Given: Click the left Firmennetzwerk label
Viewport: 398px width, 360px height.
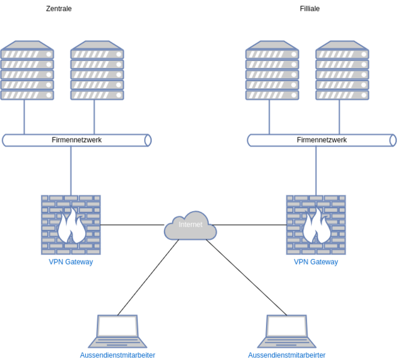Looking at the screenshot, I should coord(77,140).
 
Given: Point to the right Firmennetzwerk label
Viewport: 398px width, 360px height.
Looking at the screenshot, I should coord(322,140).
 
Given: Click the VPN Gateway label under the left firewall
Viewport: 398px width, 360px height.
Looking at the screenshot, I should coord(71,262).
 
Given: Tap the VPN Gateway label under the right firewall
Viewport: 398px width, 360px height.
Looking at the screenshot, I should coord(316,262).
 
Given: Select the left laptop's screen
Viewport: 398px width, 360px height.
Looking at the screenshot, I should coord(118,326).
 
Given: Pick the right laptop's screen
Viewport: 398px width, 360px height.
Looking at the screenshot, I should coord(286,326).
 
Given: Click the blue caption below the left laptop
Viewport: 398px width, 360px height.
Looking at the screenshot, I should coord(118,355).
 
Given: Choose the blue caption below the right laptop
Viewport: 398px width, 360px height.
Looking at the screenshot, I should coord(286,355).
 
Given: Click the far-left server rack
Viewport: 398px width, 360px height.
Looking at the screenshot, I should coord(28,70).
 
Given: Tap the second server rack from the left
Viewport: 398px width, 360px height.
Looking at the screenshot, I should coord(97,70).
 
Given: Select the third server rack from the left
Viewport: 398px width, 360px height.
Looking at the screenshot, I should coord(272,70).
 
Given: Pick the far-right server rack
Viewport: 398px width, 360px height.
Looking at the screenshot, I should coord(342,70).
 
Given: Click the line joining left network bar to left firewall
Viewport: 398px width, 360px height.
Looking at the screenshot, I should coord(71,170).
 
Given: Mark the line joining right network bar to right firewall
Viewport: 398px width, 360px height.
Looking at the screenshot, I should coord(316,170).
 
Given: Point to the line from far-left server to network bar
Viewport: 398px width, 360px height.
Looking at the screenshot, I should coord(24,116).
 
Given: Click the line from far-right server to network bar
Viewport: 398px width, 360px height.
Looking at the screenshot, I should coord(339,116).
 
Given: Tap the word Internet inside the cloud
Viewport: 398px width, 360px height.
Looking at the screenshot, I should coord(190,225).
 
